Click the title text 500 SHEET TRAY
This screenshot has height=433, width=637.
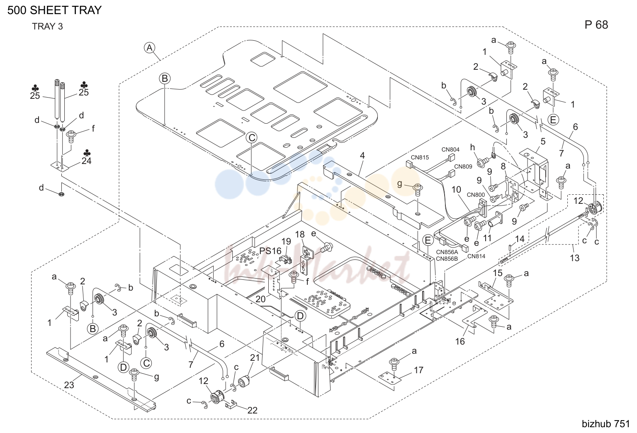[x=54, y=10]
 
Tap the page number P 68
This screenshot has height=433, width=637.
[x=596, y=25]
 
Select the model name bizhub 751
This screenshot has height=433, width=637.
[x=606, y=424]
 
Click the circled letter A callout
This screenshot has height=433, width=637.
[x=150, y=48]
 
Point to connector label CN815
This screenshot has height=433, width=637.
[x=420, y=157]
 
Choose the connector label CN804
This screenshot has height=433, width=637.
[x=450, y=149]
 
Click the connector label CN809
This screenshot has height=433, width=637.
[x=463, y=166]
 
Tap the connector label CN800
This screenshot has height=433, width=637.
[x=476, y=195]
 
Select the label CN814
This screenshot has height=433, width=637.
[x=476, y=256]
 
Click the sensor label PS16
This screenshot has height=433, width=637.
[x=270, y=251]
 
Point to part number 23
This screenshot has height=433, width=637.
[x=69, y=385]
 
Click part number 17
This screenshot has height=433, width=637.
[x=418, y=370]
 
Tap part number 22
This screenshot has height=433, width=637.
[x=252, y=410]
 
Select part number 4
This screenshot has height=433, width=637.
[x=362, y=155]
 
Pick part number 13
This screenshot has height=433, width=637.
[x=574, y=258]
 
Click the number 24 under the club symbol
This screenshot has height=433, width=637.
[x=86, y=161]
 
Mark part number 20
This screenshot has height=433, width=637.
[x=260, y=299]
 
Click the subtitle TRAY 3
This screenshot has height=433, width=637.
[x=48, y=27]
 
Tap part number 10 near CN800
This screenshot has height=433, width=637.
[x=456, y=190]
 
